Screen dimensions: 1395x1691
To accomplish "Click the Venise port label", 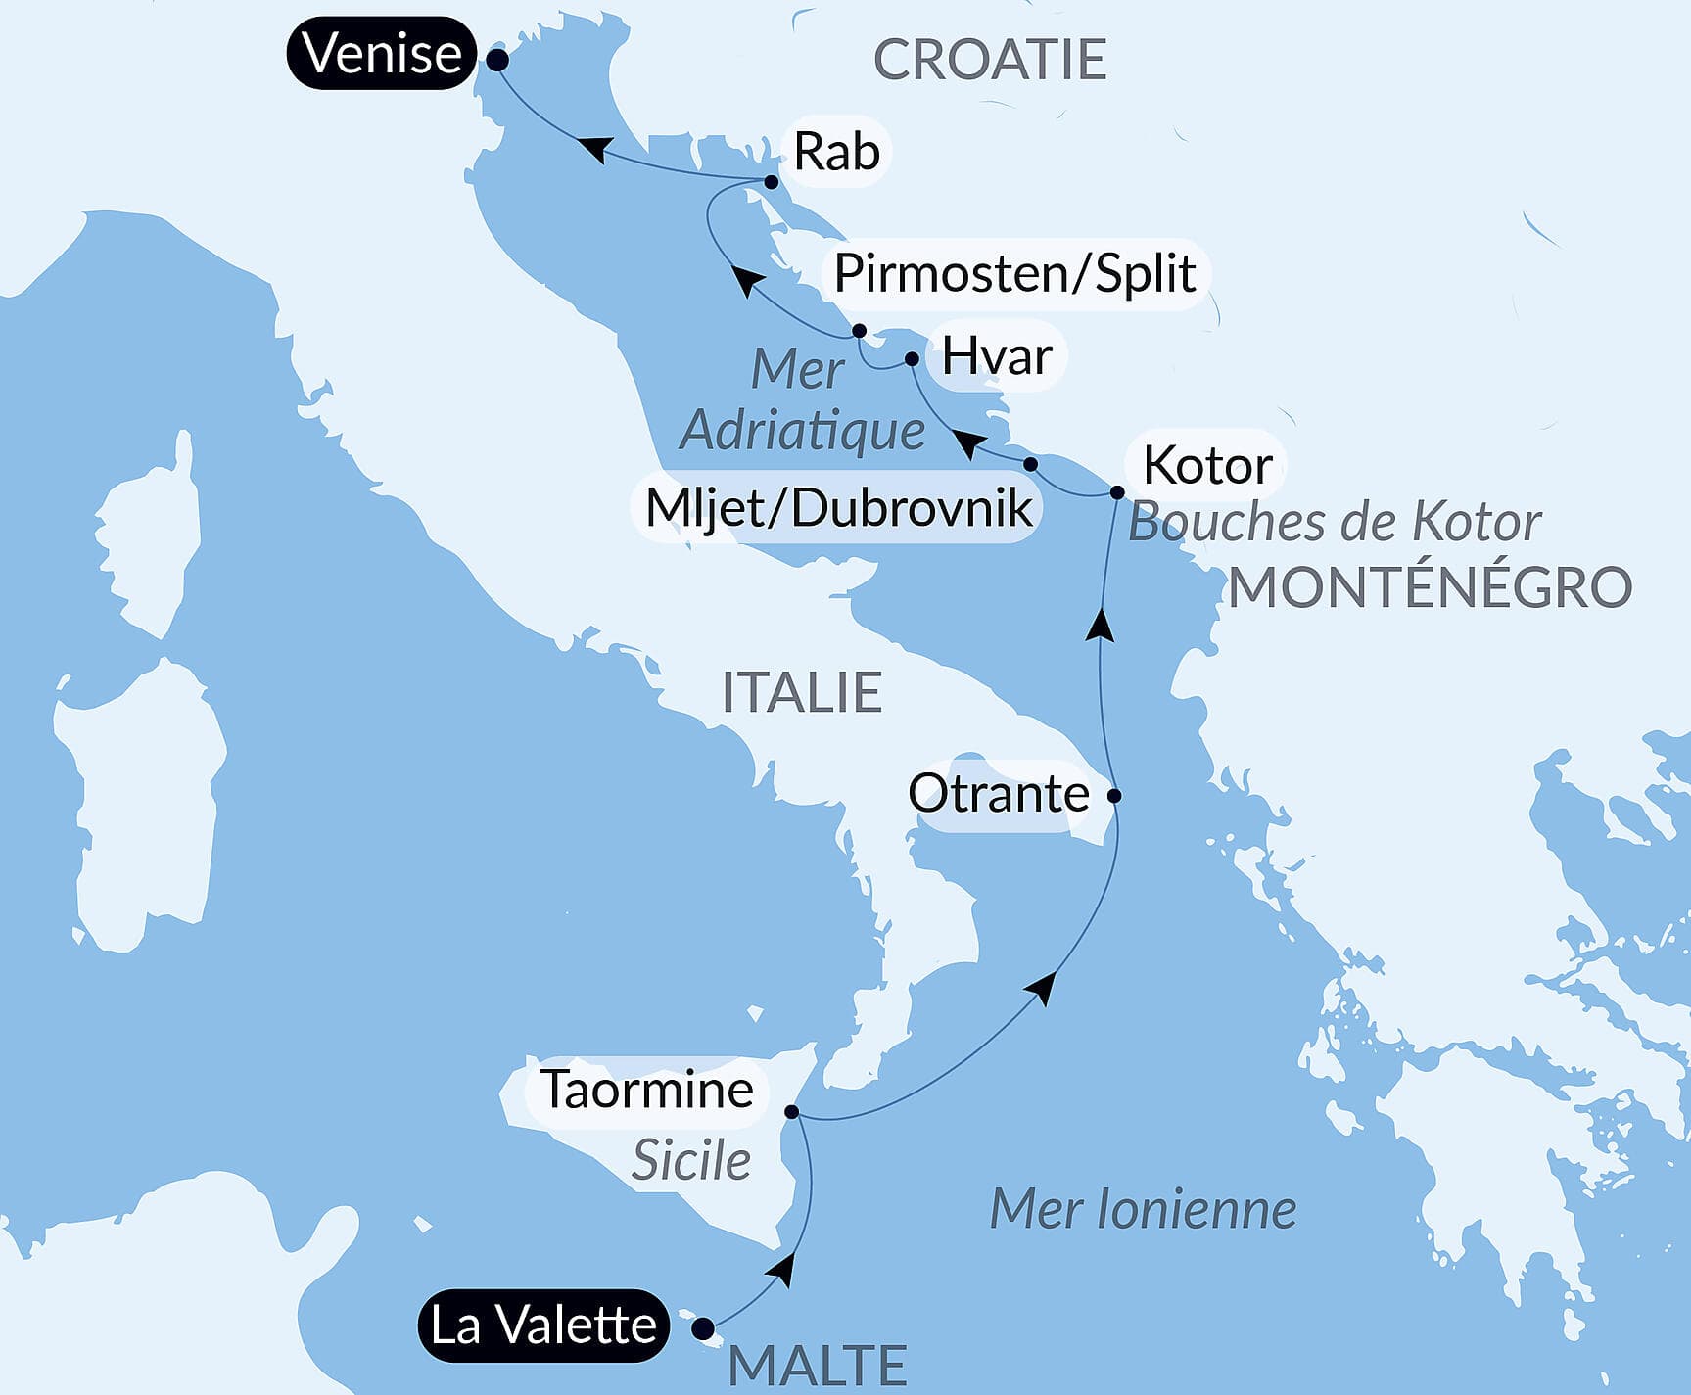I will pyautogui.click(x=382, y=53).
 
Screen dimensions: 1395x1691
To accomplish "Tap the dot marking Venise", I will pyautogui.click(x=497, y=60).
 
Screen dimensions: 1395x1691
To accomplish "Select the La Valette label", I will pyautogui.click(x=543, y=1325).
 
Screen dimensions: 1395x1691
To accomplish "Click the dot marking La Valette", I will pyautogui.click(x=703, y=1328).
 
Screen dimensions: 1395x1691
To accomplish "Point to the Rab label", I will pyautogui.click(x=836, y=152).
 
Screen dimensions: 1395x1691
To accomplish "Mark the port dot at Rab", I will pyautogui.click(x=772, y=182).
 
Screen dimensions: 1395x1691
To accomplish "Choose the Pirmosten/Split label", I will pyautogui.click(x=1014, y=273).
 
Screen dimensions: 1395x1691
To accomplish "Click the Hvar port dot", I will pyautogui.click(x=912, y=359).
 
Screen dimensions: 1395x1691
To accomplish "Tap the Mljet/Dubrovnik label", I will pyautogui.click(x=838, y=508).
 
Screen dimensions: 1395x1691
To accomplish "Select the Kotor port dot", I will pyautogui.click(x=1117, y=492).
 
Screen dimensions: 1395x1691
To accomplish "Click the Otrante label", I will pyautogui.click(x=998, y=793).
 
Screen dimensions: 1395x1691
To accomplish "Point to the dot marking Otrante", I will pyautogui.click(x=1114, y=795).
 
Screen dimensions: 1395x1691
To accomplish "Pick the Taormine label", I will pyautogui.click(x=647, y=1089).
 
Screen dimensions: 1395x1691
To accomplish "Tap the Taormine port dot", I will pyautogui.click(x=792, y=1112).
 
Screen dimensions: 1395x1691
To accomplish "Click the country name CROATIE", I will pyautogui.click(x=989, y=60).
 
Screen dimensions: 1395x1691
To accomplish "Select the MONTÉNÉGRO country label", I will pyautogui.click(x=1430, y=588).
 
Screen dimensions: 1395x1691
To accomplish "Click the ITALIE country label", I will pyautogui.click(x=802, y=692).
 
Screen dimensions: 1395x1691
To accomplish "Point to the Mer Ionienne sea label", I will pyautogui.click(x=1143, y=1209).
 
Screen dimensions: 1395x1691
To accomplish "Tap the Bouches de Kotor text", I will pyautogui.click(x=1335, y=523).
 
